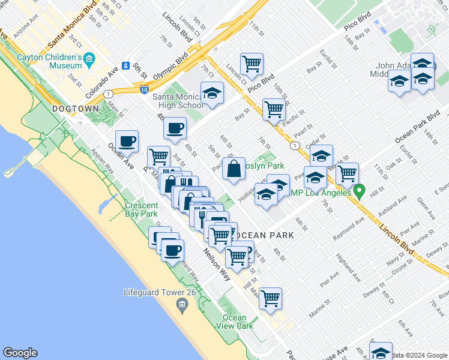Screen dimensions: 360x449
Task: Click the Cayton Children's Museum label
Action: coord(50,61)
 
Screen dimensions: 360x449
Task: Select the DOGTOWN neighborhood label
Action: coord(75,109)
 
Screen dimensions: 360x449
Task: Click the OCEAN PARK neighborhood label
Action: coord(264,235)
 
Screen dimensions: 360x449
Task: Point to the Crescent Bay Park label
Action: coord(141,209)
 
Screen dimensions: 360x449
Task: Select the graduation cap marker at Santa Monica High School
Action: coord(212,93)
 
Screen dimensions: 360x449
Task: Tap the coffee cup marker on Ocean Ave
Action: coord(127,142)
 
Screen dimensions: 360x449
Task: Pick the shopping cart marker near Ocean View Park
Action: coord(271,298)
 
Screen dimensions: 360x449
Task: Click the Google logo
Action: coord(20,353)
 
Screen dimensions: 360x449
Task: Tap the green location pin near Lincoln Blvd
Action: coord(360,191)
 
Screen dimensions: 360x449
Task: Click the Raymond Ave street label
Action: coord(349,228)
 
